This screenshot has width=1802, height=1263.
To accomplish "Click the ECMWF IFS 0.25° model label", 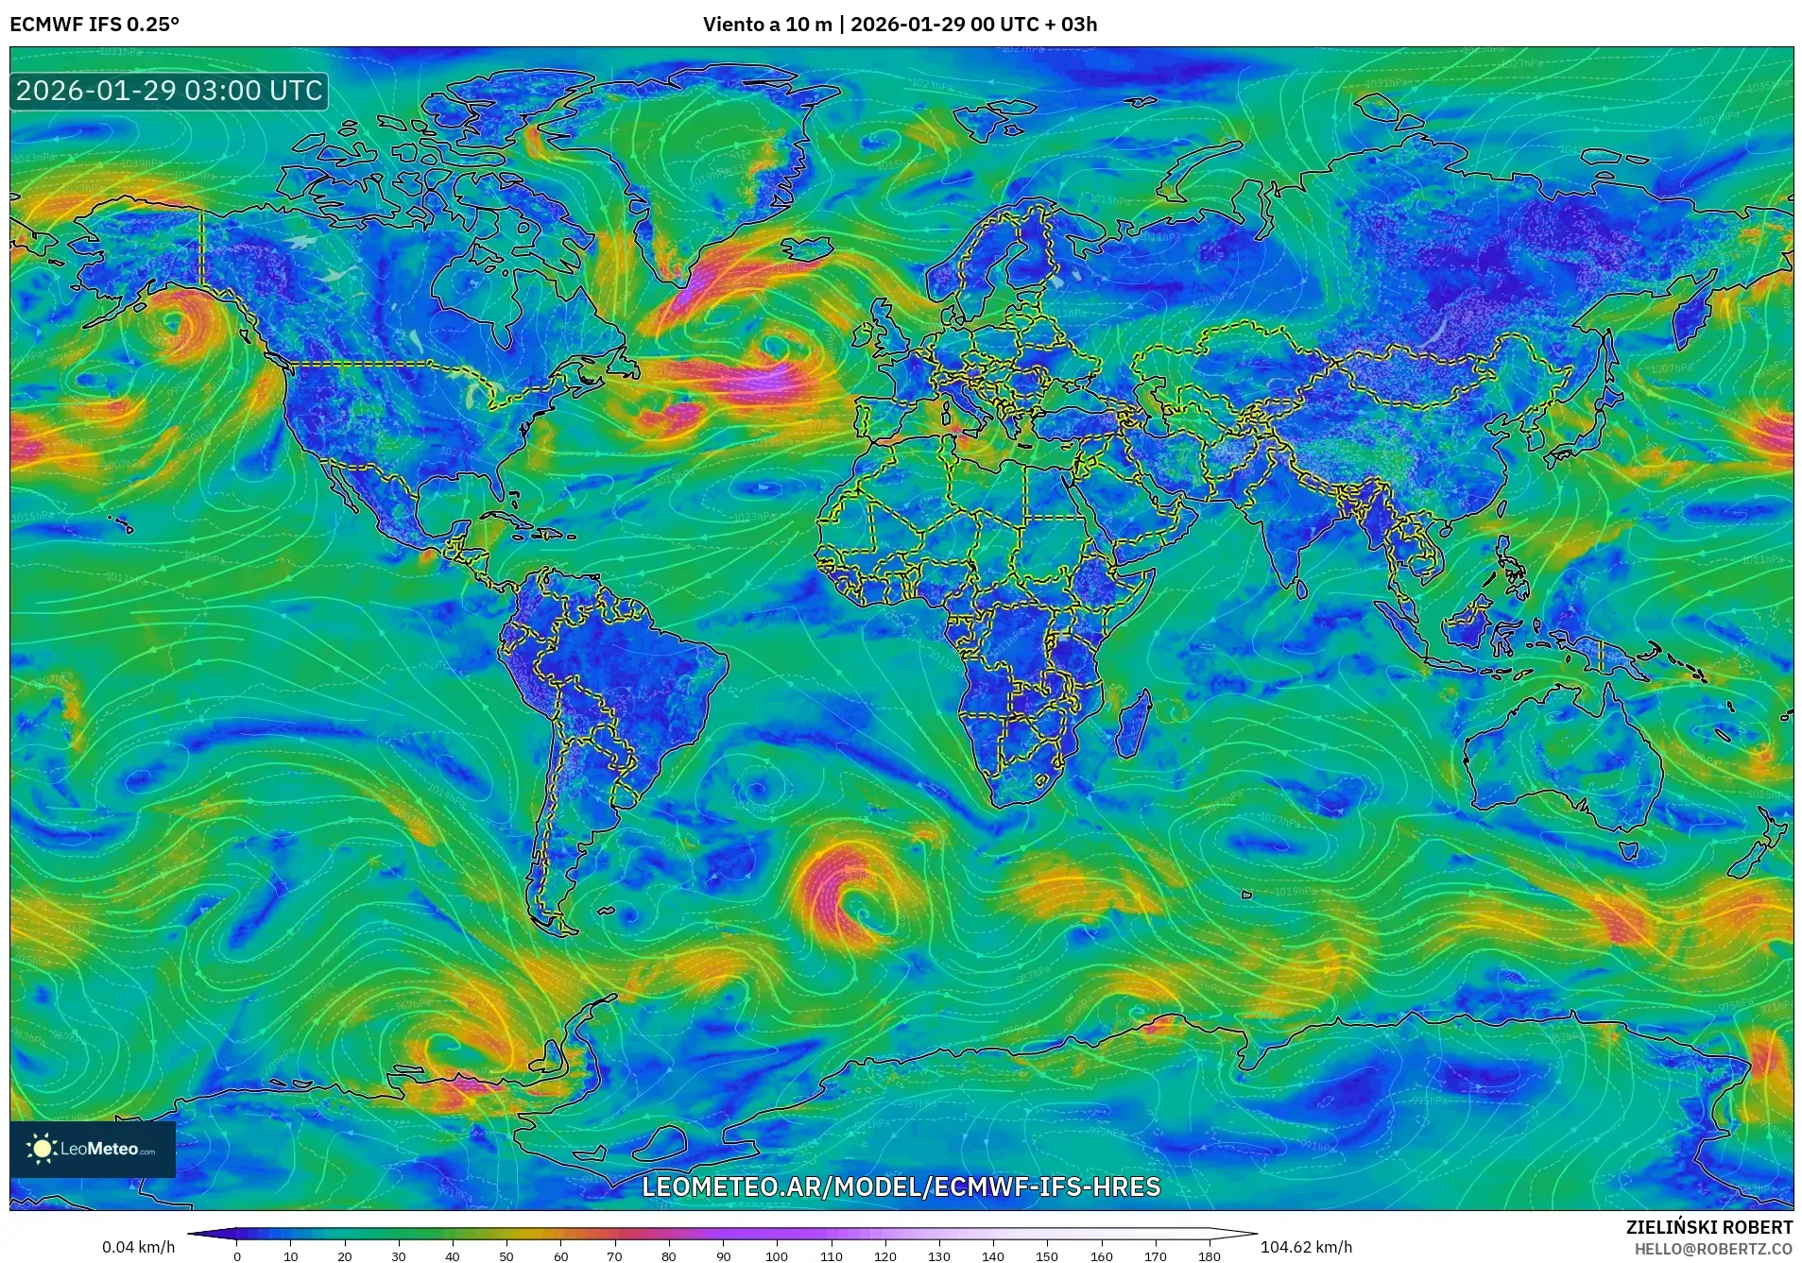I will click(94, 25).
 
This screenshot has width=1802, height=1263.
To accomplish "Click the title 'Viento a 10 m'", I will click(767, 25).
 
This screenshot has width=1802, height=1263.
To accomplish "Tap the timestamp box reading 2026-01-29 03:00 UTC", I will click(169, 92).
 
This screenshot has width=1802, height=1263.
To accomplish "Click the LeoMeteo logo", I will click(93, 1149).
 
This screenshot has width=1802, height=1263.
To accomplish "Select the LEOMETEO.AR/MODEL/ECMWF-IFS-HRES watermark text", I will click(901, 1186).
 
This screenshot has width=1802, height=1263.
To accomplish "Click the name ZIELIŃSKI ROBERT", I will click(1708, 1227).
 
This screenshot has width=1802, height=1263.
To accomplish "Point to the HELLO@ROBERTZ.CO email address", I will click(1713, 1249).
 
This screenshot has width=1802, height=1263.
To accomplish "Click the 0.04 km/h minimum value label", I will click(138, 1247).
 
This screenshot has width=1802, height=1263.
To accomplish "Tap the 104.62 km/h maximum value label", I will click(1306, 1247).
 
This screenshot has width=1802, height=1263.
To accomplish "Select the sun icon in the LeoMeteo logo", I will click(42, 1149).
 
